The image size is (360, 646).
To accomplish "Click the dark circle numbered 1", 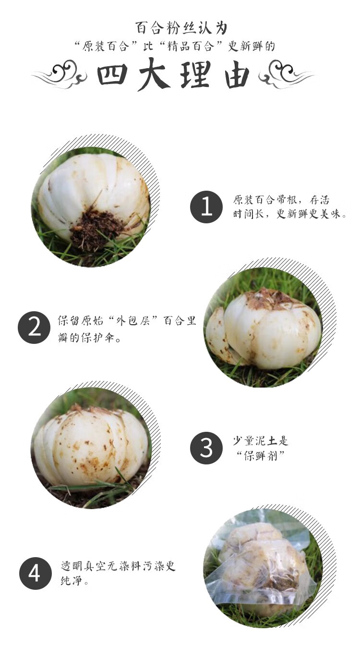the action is (206, 207).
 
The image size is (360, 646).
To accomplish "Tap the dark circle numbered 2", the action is (34, 328).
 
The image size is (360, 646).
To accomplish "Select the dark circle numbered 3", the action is (206, 448).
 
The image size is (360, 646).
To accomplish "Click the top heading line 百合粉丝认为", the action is (181, 28).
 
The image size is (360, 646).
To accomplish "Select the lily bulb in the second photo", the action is (264, 329).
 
